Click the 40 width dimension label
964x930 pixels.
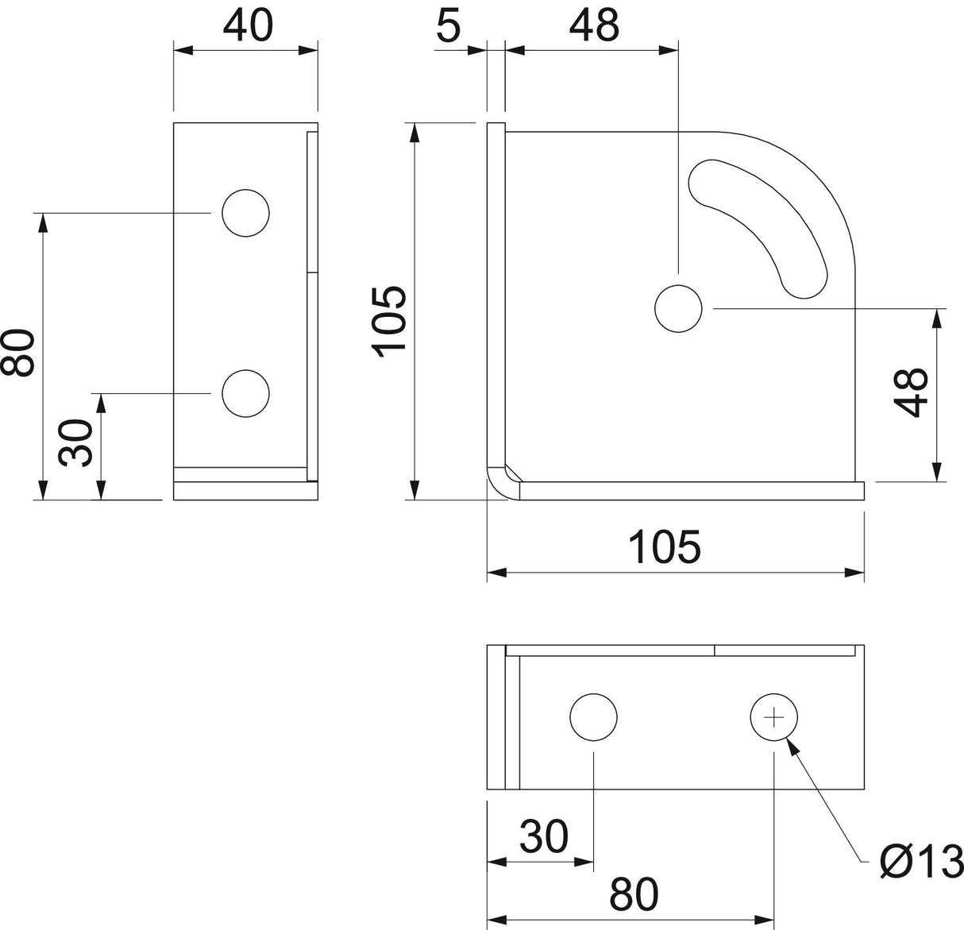[248, 25]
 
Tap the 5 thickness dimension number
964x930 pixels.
[449, 25]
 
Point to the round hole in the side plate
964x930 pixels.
[678, 309]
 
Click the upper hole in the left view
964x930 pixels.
[245, 213]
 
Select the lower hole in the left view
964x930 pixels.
[245, 393]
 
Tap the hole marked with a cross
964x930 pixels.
[773, 717]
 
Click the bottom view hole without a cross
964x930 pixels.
[593, 717]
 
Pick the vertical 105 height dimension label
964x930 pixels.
[389, 322]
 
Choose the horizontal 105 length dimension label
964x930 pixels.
[665, 547]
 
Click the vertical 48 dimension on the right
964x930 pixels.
[911, 392]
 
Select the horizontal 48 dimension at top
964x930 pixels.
[594, 25]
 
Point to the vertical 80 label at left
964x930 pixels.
[17, 353]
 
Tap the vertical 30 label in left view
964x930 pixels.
[75, 443]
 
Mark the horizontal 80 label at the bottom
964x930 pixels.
[634, 894]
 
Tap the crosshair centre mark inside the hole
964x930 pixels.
[773, 717]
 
